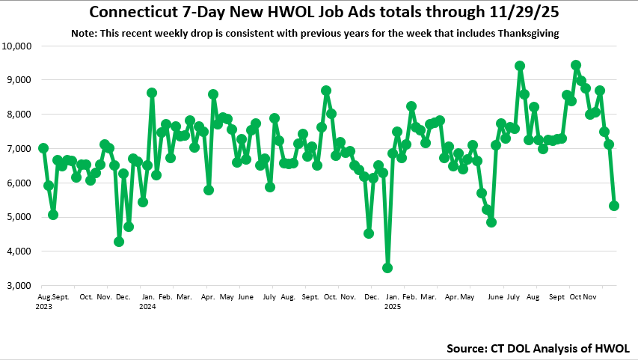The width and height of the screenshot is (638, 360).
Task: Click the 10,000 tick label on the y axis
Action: point(17,46)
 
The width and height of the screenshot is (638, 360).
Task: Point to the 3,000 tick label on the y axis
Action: point(19,286)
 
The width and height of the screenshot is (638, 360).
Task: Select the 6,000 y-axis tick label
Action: point(19,183)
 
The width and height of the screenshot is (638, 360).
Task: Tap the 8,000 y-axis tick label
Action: point(19,115)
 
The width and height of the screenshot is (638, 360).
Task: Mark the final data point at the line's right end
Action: point(614,206)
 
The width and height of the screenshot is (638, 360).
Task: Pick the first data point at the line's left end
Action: point(43,148)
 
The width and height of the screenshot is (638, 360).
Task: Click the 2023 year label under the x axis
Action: point(43,306)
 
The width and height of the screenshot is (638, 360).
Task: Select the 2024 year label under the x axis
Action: point(147,306)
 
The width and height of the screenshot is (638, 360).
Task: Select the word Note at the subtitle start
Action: point(83,34)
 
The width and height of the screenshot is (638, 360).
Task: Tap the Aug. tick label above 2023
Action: point(43,297)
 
